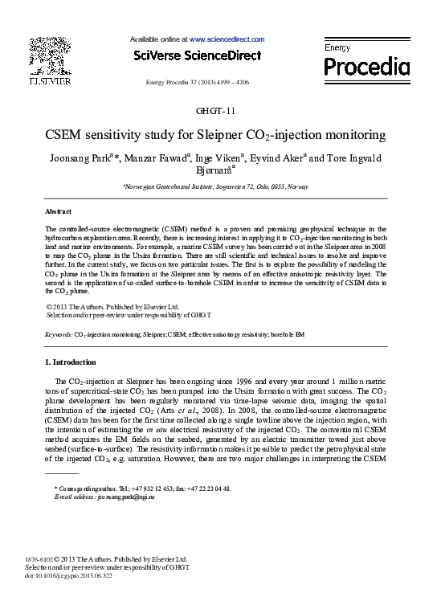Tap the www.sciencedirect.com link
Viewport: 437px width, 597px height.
click(227, 39)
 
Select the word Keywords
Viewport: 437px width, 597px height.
click(59, 333)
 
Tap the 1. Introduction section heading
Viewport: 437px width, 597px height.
click(71, 362)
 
